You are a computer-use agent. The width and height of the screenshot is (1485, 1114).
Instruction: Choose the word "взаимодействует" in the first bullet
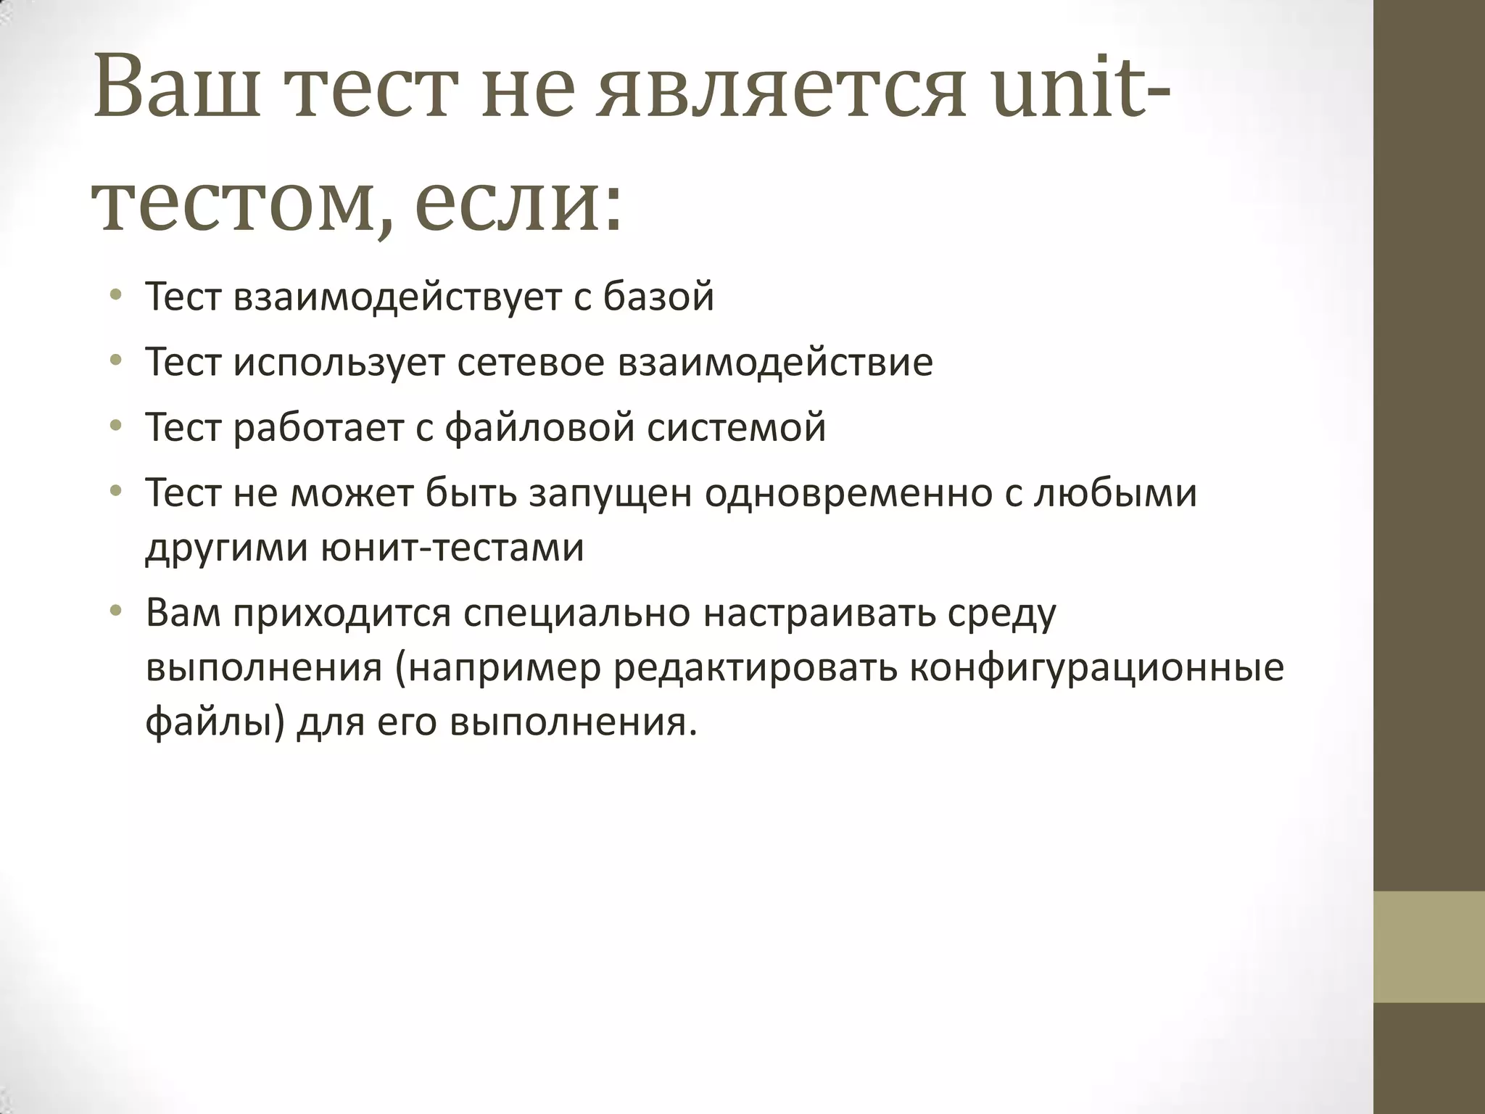click(397, 297)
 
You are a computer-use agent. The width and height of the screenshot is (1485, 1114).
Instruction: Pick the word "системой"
click(736, 427)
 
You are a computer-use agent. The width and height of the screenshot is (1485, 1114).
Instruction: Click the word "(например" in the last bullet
click(499, 669)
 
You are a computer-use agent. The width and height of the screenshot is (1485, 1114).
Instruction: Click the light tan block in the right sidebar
click(1428, 947)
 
